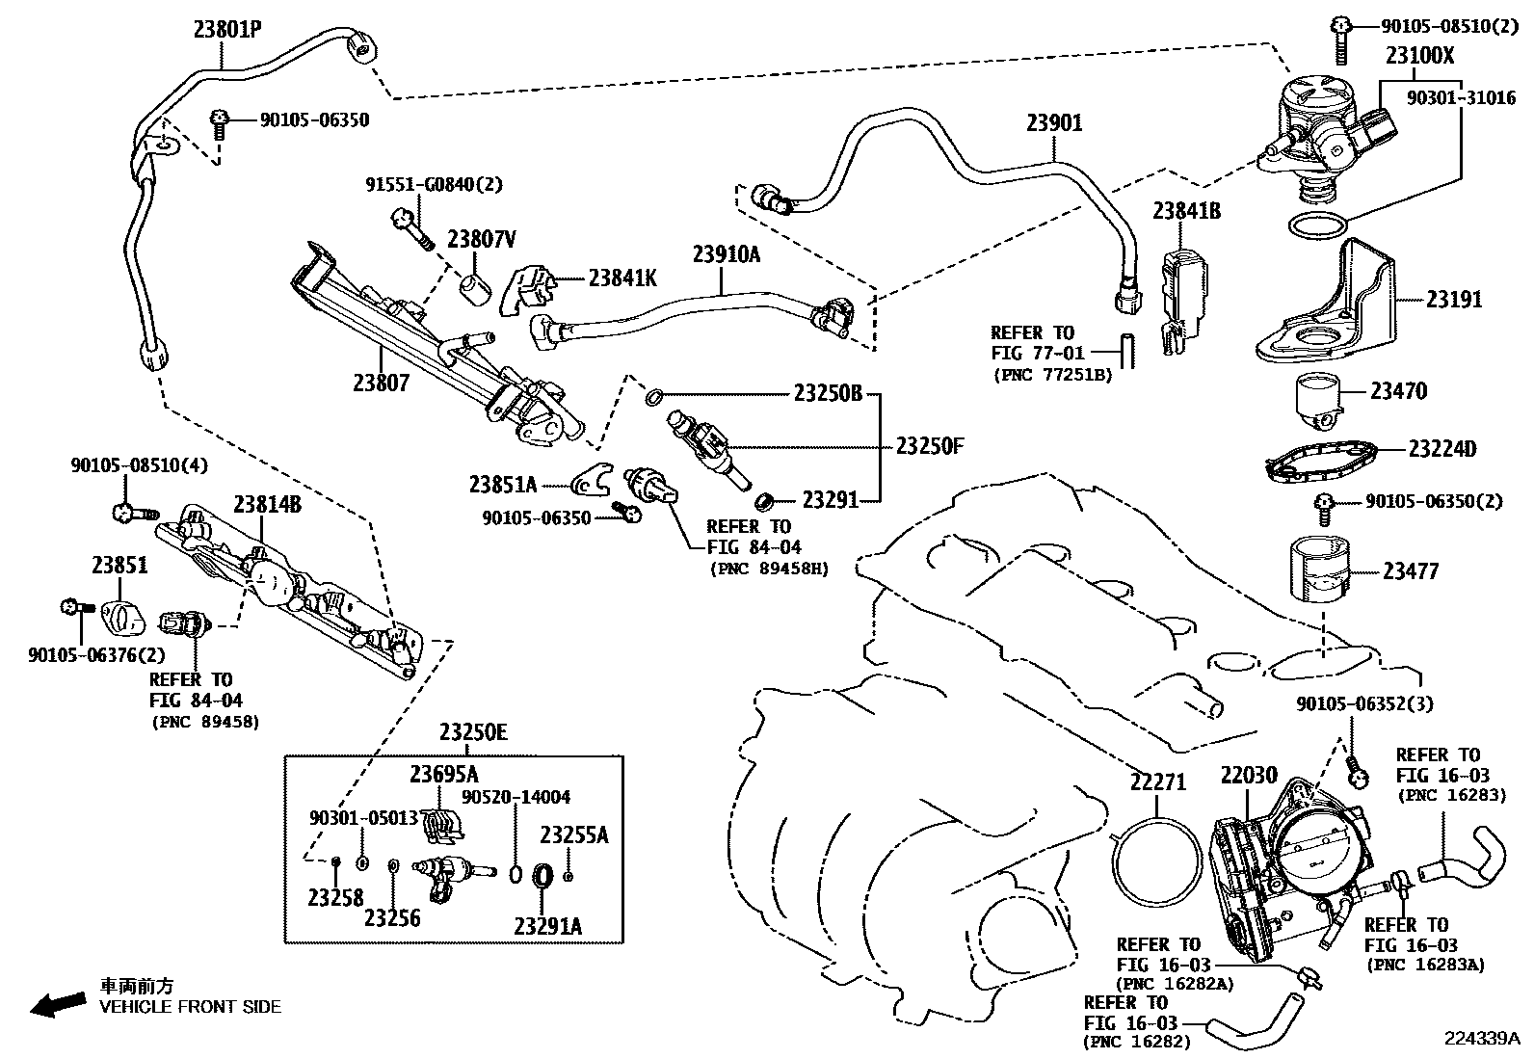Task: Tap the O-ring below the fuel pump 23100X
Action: (x=1317, y=226)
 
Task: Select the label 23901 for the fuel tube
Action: (x=1053, y=123)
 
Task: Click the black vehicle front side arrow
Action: (x=58, y=1003)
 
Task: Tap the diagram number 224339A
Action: (x=1481, y=1038)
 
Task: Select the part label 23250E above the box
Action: (x=472, y=733)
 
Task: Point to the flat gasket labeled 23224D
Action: (x=1325, y=459)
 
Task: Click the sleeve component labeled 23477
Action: (x=1318, y=571)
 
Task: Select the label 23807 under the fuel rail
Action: (x=381, y=383)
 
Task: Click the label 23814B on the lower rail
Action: (x=267, y=504)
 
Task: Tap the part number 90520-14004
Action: (x=516, y=797)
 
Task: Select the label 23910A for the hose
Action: (x=726, y=254)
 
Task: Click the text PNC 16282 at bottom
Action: (x=1137, y=1042)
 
